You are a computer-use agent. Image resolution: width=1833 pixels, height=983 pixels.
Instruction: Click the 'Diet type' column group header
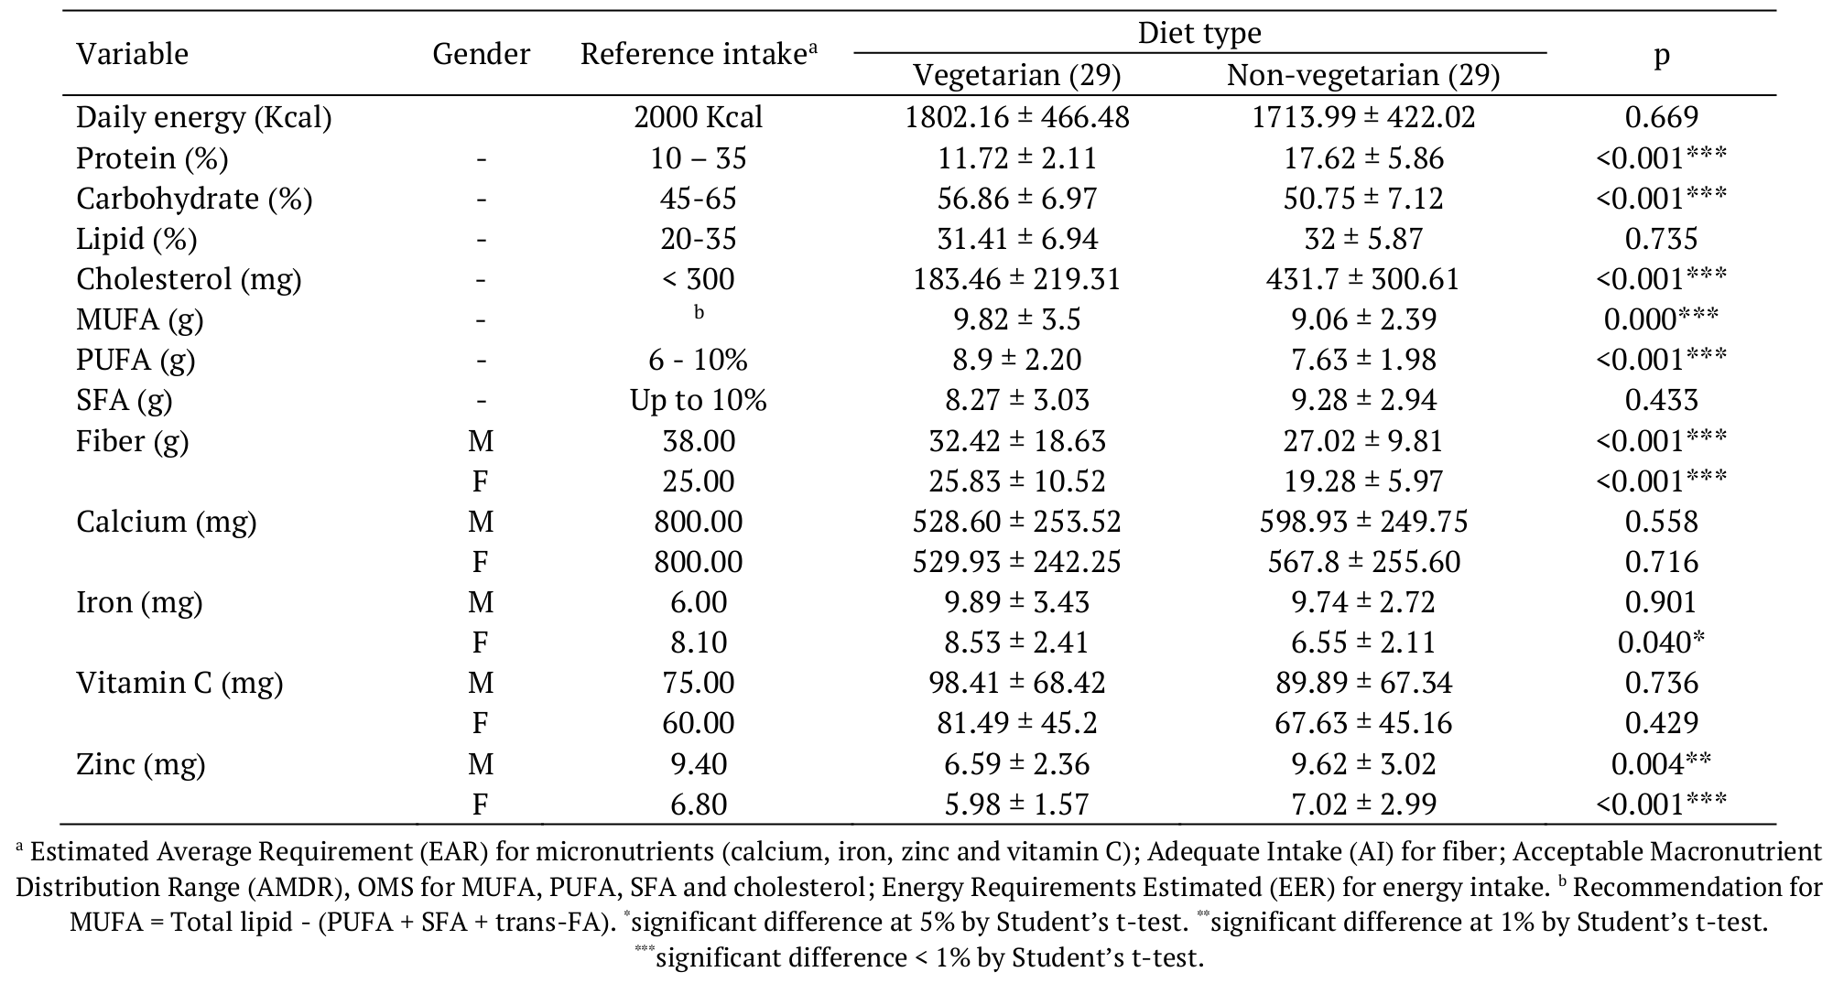[x=1198, y=34]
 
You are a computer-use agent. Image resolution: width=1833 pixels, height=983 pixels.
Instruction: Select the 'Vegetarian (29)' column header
[x=1016, y=75]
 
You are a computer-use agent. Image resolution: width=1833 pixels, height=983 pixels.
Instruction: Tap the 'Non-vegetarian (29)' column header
[x=1362, y=75]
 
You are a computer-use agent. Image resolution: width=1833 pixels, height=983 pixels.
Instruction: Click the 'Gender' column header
[x=481, y=54]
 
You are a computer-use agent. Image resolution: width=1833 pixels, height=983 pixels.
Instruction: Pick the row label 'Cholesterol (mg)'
[x=188, y=279]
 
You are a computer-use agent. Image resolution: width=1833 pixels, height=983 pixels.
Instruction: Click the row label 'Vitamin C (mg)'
[x=179, y=683]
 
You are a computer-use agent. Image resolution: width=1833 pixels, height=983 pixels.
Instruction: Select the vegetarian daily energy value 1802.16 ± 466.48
[x=1016, y=117]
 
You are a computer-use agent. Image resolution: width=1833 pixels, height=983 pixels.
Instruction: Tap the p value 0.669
[x=1661, y=117]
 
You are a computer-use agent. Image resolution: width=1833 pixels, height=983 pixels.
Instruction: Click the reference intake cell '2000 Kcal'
[x=698, y=117]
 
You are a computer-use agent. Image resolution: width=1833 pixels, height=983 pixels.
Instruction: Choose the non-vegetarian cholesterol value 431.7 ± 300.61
[x=1362, y=279]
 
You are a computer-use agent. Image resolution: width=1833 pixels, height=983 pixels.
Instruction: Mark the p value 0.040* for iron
[x=1661, y=643]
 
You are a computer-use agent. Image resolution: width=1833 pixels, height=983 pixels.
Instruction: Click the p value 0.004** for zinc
[x=1661, y=764]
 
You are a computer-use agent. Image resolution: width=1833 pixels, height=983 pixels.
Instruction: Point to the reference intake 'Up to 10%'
[x=698, y=400]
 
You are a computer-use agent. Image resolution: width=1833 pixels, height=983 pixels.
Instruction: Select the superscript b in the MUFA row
[x=699, y=313]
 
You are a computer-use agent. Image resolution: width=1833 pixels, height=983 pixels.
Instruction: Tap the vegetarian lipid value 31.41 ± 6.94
[x=1016, y=239]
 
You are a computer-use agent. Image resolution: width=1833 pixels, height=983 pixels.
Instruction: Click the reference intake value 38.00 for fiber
[x=698, y=441]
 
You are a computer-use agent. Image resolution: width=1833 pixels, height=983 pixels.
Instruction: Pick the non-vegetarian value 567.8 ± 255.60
[x=1362, y=562]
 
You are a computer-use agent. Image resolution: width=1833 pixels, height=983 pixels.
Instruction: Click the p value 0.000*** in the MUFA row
[x=1661, y=319]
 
